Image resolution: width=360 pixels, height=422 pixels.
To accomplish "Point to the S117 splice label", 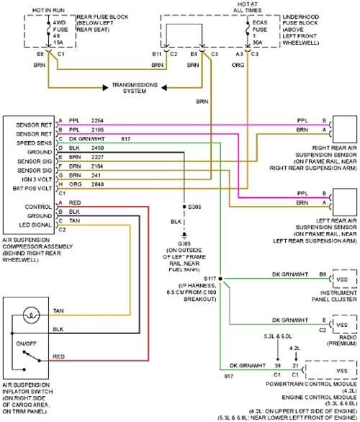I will [210, 277].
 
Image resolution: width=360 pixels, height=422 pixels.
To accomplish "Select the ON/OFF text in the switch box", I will [27, 342].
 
